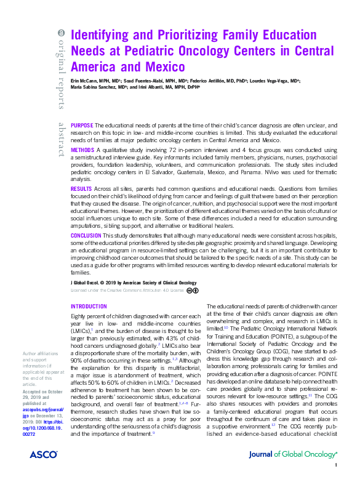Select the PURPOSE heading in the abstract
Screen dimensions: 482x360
point(82,125)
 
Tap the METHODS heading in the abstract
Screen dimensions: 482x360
point(82,150)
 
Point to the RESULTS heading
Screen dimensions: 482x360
point(82,188)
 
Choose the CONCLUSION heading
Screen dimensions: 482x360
point(86,235)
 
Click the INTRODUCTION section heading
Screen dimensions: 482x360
point(89,306)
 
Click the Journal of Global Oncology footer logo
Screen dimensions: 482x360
point(292,471)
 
